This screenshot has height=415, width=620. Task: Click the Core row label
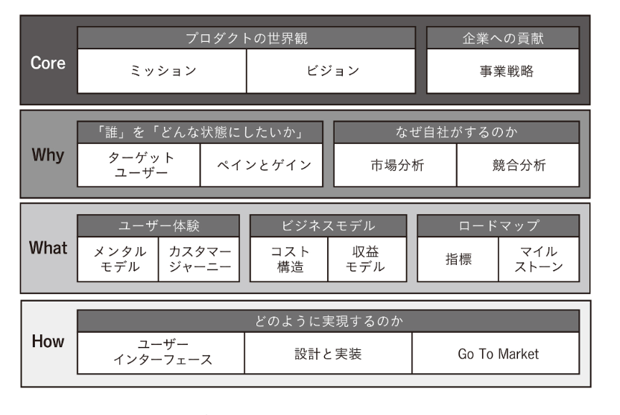pos(48,63)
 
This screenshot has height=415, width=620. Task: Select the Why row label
pos(48,156)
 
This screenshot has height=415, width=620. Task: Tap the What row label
pos(48,249)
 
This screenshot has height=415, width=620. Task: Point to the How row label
pos(48,342)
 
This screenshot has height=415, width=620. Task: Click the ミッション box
pos(162,72)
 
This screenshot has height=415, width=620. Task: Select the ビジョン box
pos(332,72)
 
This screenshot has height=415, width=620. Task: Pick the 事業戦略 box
pos(503,72)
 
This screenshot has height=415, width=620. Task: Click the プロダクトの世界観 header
pos(247,38)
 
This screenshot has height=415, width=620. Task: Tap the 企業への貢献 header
pos(503,38)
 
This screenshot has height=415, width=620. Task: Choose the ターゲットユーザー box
pos(139,165)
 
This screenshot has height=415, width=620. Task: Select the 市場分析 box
pos(395,165)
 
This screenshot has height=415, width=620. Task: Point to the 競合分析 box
pos(518,165)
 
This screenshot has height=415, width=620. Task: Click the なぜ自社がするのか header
pos(456,131)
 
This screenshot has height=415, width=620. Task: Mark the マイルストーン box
pos(539,259)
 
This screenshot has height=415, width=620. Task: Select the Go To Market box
pos(496,353)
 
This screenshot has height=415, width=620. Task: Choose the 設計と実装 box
pos(329,353)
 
